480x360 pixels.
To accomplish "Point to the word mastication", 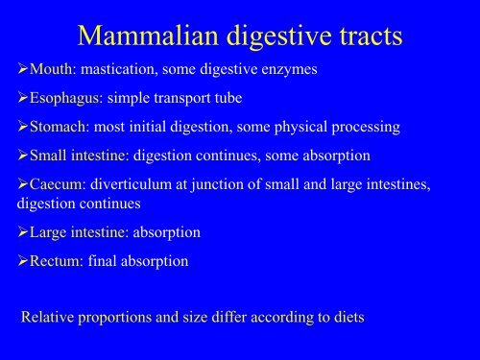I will click(x=121, y=71).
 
